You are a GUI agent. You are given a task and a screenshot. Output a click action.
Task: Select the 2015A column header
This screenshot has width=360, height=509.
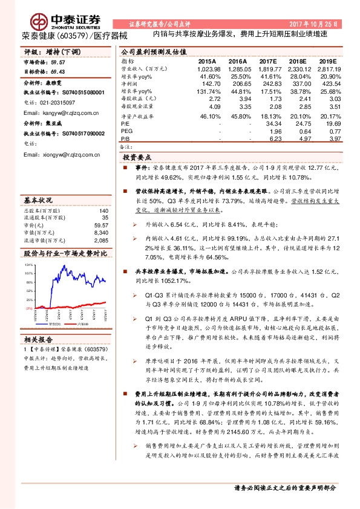(x=207, y=62)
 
